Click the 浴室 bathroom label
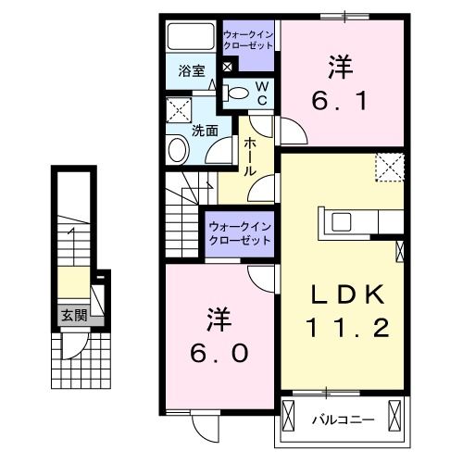191,69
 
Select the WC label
262,92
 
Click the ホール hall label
251,157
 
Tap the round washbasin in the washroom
178,150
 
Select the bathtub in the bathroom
191,38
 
